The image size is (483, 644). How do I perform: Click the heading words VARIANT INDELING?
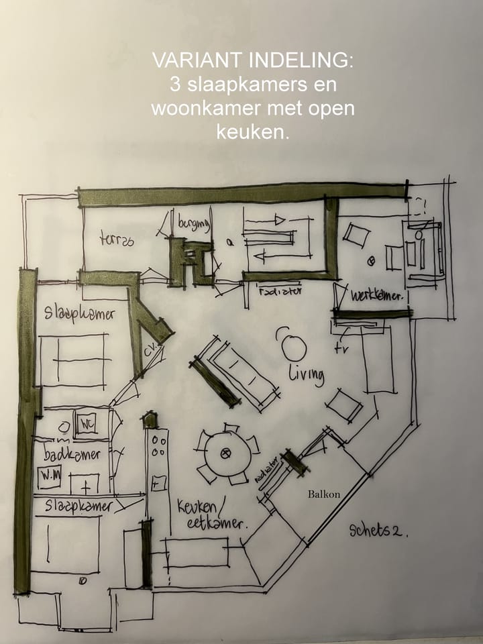coord(252,60)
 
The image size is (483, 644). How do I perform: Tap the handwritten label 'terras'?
coord(117,237)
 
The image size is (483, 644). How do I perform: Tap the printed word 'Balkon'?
coord(324,494)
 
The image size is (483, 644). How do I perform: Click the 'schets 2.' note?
coord(378,531)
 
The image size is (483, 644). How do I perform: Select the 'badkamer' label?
coord(72,454)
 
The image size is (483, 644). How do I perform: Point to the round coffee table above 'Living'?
coord(293,347)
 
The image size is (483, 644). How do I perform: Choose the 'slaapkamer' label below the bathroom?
coord(78,506)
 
